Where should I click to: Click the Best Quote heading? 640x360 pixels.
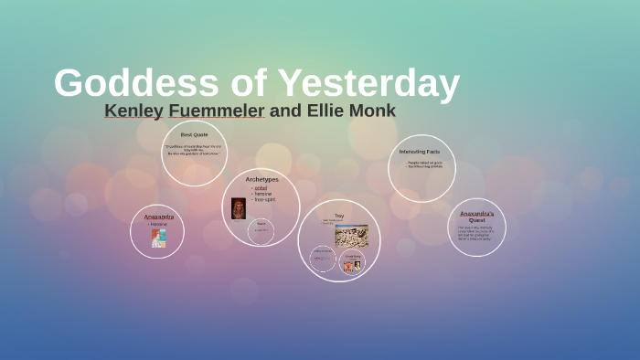coord(194,134)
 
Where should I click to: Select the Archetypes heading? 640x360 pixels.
coord(261,179)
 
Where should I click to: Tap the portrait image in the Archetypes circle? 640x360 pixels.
coord(239,207)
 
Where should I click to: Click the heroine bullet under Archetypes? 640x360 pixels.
coord(263,194)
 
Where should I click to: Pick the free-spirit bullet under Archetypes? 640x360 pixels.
coord(264,199)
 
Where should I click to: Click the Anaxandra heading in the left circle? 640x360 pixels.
coord(158,217)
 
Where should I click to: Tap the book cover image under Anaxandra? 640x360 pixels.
coord(158,238)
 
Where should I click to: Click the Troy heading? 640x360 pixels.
coord(338,216)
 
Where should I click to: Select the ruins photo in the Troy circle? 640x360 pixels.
coord(351,236)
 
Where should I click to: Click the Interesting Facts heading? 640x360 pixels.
coord(420,152)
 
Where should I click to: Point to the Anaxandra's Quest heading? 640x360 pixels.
coord(476,217)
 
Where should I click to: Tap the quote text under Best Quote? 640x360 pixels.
coord(193,150)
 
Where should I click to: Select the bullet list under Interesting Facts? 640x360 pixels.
coord(423,164)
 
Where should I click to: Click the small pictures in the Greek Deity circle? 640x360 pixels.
coord(352,266)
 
